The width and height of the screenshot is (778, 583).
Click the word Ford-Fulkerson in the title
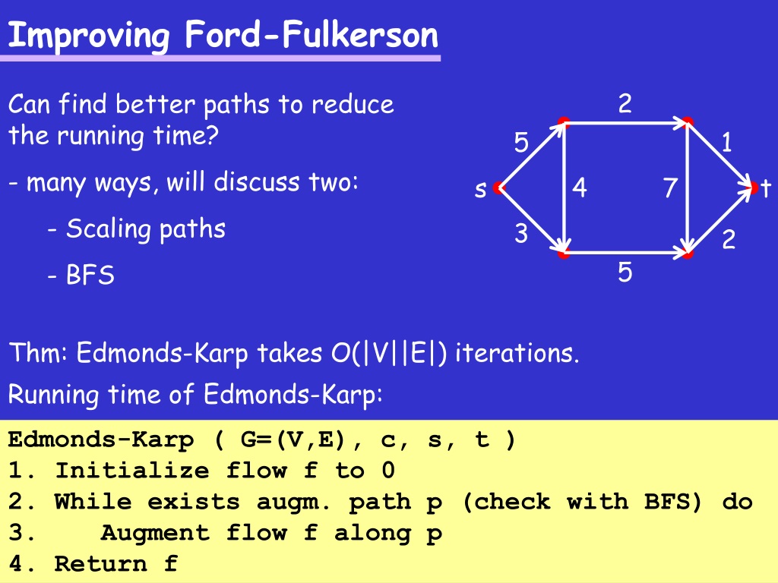(x=312, y=35)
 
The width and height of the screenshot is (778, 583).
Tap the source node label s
(x=480, y=190)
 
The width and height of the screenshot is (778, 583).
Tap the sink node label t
(x=766, y=188)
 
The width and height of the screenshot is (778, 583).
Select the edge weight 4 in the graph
(x=580, y=188)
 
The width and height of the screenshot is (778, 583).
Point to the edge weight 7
(x=670, y=188)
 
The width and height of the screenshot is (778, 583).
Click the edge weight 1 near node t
(x=726, y=142)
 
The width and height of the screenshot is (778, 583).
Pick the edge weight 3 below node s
(x=521, y=233)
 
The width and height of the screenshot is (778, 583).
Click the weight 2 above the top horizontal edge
(x=625, y=103)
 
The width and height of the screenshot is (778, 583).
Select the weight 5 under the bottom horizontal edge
(x=625, y=273)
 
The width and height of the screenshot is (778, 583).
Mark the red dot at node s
(x=498, y=188)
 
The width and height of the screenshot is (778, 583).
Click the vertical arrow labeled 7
(x=687, y=188)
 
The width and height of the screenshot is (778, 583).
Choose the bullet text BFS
(x=90, y=275)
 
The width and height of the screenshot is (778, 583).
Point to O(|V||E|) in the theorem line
(x=388, y=353)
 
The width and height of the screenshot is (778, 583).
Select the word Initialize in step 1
(x=132, y=471)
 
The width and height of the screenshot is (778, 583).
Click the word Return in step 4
(x=101, y=563)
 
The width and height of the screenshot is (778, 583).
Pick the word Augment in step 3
(x=155, y=532)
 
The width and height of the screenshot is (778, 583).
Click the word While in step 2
(x=93, y=501)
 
